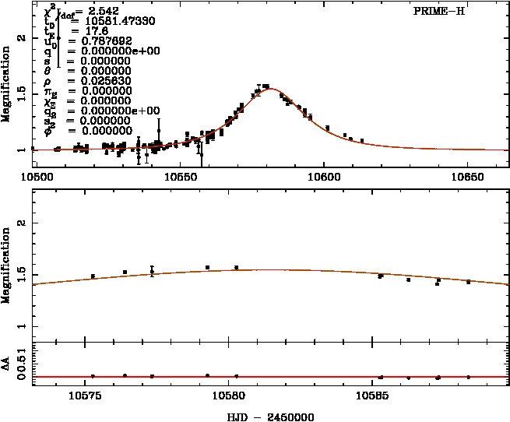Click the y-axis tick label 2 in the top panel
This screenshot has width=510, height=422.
23,37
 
